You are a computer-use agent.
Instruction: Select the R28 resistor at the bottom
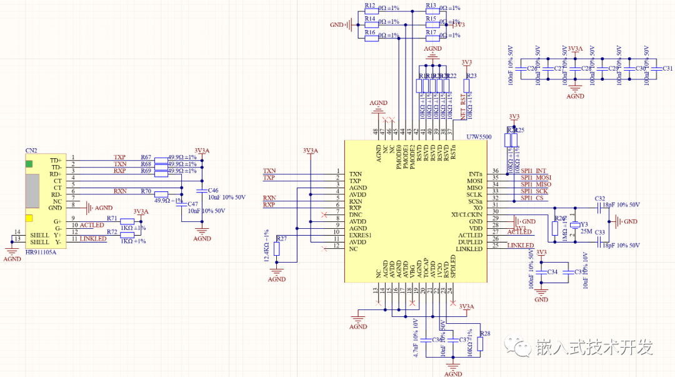pyautogui.click(x=480, y=344)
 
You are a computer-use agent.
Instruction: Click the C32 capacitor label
pyautogui.click(x=600, y=198)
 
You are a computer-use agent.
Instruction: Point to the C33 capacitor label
pyautogui.click(x=600, y=232)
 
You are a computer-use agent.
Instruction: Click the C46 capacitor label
pyautogui.click(x=213, y=190)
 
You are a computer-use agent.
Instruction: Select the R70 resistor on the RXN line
pyautogui.click(x=161, y=193)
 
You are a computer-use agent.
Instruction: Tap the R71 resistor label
pyautogui.click(x=112, y=218)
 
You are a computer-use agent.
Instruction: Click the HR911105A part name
pyautogui.click(x=41, y=252)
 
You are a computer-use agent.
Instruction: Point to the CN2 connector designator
pyautogui.click(x=31, y=151)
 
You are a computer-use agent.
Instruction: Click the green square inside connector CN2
pyautogui.click(x=29, y=164)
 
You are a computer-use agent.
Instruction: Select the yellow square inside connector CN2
pyautogui.click(x=29, y=218)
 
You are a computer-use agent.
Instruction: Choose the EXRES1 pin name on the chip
pyautogui.click(x=361, y=235)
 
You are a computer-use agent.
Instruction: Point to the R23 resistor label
pyautogui.click(x=471, y=76)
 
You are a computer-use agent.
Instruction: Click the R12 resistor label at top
pyautogui.click(x=370, y=6)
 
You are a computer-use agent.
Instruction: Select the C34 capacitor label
pyautogui.click(x=552, y=272)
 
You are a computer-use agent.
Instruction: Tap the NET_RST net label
pyautogui.click(x=463, y=107)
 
